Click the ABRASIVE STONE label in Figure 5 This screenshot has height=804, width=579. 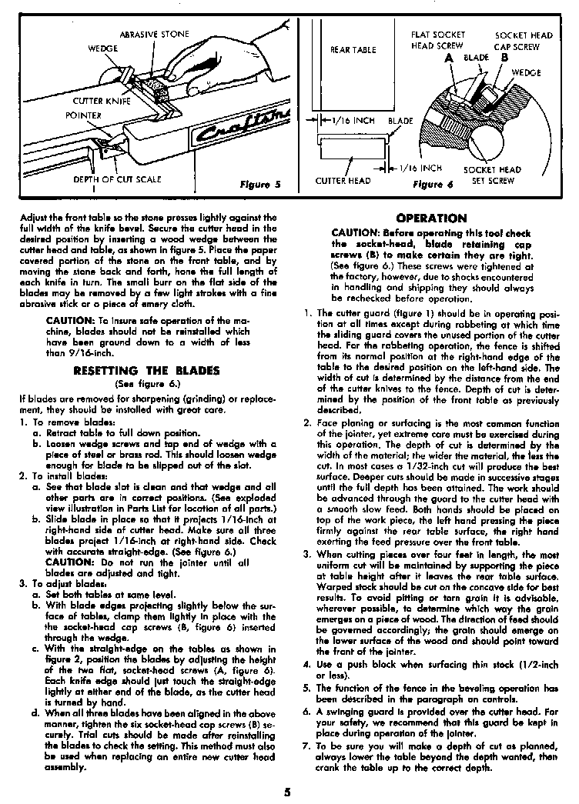(x=153, y=34)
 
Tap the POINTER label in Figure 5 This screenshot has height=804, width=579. (x=83, y=116)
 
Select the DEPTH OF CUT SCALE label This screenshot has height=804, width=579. (x=117, y=179)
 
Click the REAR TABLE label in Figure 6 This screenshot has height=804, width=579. (x=353, y=50)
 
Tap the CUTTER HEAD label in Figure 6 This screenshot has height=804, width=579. (x=343, y=181)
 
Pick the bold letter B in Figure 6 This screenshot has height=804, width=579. (x=504, y=58)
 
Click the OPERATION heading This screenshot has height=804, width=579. (x=431, y=219)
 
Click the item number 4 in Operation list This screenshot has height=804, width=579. (x=306, y=662)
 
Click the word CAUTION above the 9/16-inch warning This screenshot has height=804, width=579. (x=72, y=320)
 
